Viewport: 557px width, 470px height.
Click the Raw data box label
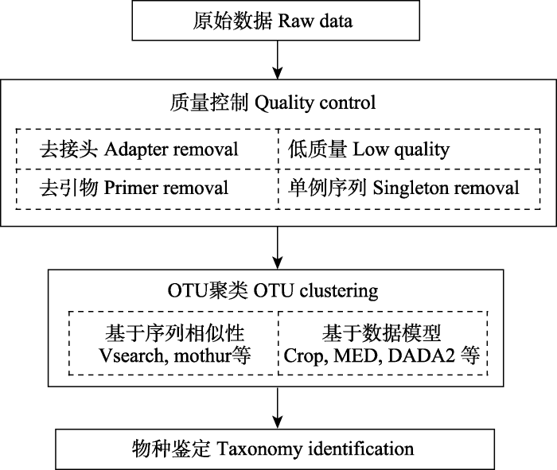tap(273, 21)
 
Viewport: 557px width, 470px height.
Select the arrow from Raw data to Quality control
tap(277, 60)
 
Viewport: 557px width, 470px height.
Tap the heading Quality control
tap(273, 103)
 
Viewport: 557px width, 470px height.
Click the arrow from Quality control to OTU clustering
tap(277, 248)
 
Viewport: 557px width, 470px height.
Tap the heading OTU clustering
tap(273, 290)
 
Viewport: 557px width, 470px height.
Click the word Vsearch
tap(131, 355)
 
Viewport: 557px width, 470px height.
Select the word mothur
tap(202, 355)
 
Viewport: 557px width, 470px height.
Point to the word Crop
tap(303, 355)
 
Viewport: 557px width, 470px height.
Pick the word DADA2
tap(421, 355)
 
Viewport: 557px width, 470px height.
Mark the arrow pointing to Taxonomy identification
tap(277, 408)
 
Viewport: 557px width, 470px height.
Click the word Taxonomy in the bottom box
tap(259, 449)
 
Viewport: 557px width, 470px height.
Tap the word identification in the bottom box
tap(361, 449)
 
